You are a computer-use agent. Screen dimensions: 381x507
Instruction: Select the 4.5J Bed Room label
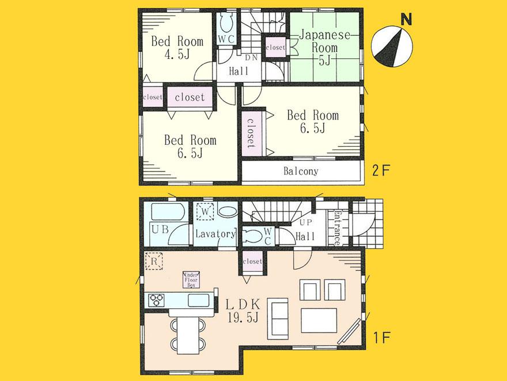[x=177, y=47]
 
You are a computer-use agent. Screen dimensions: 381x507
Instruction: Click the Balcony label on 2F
[x=301, y=171]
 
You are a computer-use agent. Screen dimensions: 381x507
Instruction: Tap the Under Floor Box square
[x=190, y=279]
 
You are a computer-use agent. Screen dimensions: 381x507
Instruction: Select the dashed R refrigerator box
[x=154, y=260]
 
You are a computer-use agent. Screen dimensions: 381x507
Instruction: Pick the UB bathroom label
[x=160, y=229]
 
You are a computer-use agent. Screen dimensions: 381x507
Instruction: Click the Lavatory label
[x=215, y=234]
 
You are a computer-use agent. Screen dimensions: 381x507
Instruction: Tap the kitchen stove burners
[x=157, y=300]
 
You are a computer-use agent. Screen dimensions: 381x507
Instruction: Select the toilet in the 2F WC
[x=225, y=25]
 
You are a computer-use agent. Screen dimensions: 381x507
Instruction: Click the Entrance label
[x=336, y=227]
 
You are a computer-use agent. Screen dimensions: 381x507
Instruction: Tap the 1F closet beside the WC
[x=252, y=262]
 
